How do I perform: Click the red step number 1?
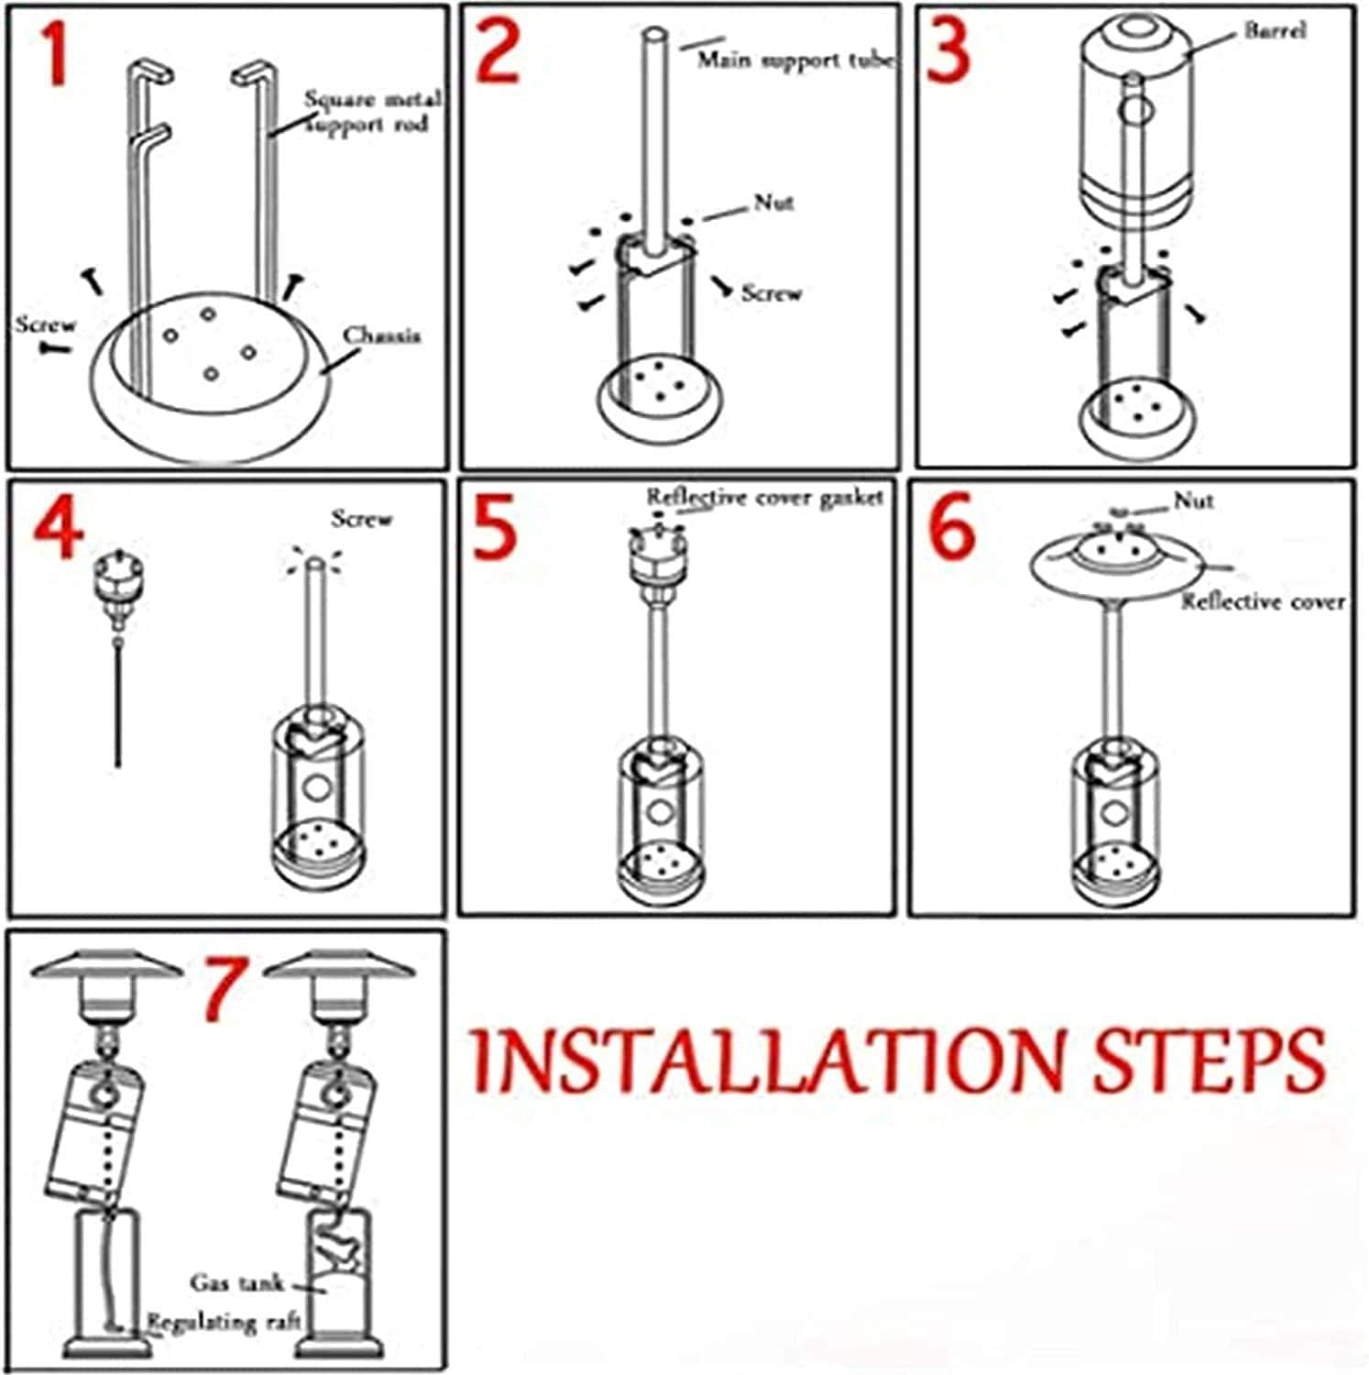[x=55, y=55]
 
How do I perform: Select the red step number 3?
[x=948, y=52]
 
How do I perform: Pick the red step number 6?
[x=953, y=529]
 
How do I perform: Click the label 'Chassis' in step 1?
[x=382, y=335]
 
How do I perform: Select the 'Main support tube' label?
[x=796, y=60]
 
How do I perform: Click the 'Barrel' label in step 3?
[x=1275, y=30]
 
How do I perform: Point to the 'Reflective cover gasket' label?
[x=765, y=497]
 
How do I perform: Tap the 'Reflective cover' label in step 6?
[x=1263, y=601]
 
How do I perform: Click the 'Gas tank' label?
[x=237, y=1282]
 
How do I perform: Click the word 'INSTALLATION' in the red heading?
[x=770, y=1060]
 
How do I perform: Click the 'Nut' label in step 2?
[x=773, y=203]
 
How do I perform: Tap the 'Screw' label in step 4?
[x=361, y=519]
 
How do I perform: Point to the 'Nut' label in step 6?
[x=1194, y=500]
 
